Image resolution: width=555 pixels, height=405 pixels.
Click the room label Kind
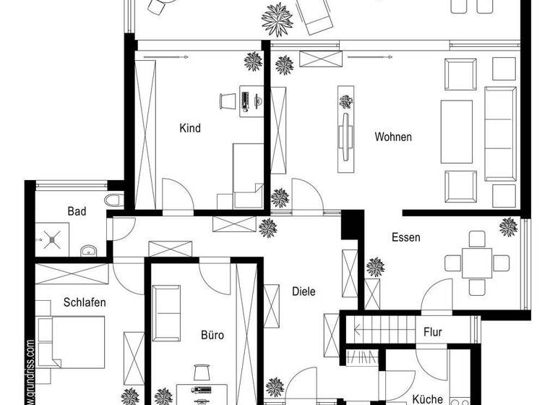[x=190, y=129]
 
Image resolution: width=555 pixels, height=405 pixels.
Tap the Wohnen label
[x=393, y=137]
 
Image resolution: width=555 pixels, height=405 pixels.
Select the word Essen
[x=406, y=237]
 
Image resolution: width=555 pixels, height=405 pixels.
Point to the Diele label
[x=304, y=291]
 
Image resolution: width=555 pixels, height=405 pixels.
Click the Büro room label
[x=212, y=335]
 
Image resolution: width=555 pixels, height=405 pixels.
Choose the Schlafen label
[x=85, y=302]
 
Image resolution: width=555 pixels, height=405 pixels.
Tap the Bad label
[x=77, y=211]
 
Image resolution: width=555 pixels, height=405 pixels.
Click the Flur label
[x=433, y=333]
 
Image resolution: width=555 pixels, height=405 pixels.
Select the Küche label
[x=427, y=398]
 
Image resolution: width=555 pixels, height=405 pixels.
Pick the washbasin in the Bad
[x=89, y=251]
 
